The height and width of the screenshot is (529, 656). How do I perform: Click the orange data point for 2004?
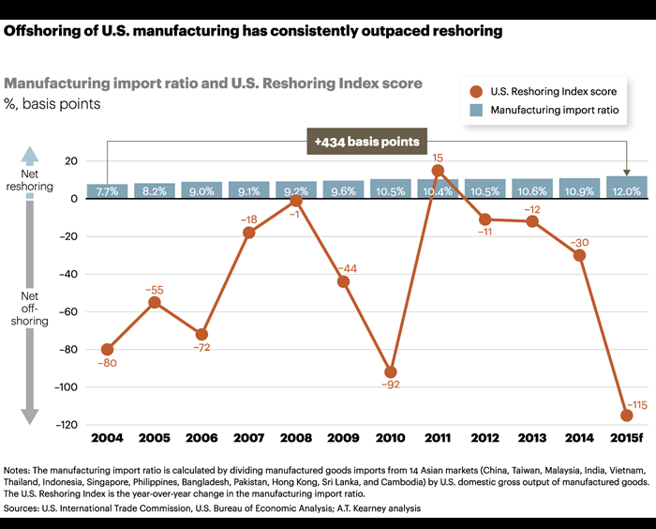pos(107,349)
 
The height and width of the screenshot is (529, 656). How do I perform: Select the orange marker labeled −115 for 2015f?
pos(626,415)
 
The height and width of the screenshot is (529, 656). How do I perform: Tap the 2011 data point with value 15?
pos(438,171)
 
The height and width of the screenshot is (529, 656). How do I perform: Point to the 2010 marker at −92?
pos(390,372)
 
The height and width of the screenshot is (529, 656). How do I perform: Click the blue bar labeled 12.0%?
pos(626,187)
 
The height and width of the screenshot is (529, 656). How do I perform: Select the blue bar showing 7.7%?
pos(107,190)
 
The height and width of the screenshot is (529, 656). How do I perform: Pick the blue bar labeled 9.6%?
pos(343,189)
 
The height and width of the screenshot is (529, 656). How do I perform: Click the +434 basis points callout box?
pos(366,142)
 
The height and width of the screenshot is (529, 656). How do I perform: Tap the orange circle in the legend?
pos(476,91)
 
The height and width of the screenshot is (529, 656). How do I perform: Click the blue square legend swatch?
pos(476,110)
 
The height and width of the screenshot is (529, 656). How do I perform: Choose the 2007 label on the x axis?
pos(248,438)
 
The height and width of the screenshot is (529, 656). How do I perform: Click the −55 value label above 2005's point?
pos(155,290)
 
